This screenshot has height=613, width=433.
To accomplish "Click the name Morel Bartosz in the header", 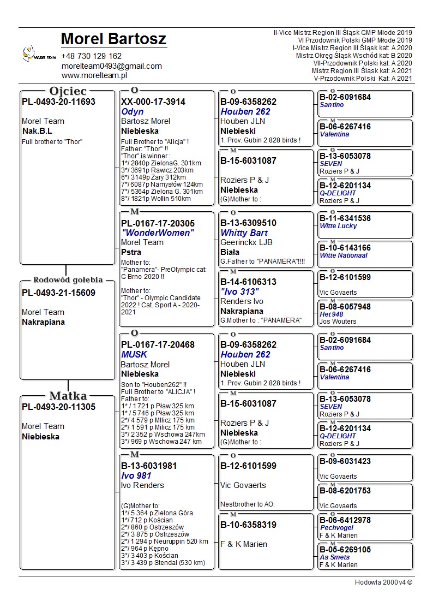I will click(113, 39).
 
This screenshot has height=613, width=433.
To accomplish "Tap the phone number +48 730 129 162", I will click(92, 56).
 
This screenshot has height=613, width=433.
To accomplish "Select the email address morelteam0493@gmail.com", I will click(112, 66).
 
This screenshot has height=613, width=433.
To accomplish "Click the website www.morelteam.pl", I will click(94, 76).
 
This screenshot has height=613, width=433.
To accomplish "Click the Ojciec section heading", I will click(68, 91).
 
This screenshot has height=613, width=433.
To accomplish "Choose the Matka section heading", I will click(68, 396).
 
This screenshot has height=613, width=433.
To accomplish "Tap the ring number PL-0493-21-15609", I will click(58, 293).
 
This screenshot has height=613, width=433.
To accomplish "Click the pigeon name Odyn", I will click(133, 111).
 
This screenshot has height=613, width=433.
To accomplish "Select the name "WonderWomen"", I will click(158, 233).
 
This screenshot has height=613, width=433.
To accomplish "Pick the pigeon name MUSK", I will click(134, 355).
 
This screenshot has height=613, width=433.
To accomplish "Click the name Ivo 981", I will click(136, 476).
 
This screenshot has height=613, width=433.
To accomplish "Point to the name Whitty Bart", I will click(244, 233).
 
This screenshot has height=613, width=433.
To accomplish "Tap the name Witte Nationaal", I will click(344, 255).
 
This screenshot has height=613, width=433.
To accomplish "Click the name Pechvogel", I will click(336, 528).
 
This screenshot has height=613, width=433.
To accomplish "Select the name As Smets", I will click(335, 557).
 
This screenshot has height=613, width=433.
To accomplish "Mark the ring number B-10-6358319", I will click(248, 525).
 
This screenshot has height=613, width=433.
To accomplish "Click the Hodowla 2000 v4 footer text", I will click(383, 582).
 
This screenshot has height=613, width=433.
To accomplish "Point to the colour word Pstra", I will click(131, 252).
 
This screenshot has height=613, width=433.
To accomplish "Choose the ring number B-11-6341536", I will click(345, 218).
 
